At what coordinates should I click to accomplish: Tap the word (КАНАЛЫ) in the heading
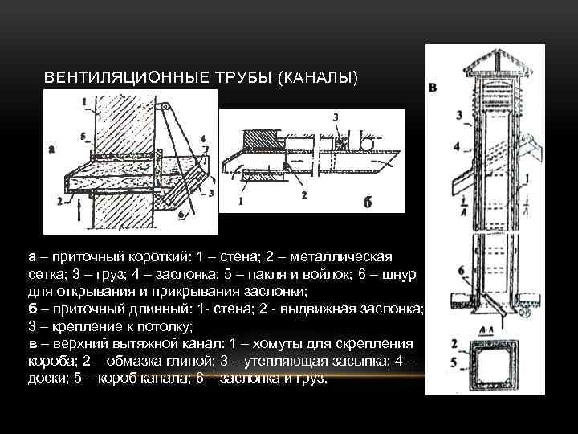point(316,78)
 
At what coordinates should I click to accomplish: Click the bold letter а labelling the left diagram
point(52,149)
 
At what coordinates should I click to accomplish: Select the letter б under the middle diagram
point(367,201)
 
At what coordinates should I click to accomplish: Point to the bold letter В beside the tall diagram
point(434,86)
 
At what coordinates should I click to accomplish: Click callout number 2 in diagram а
point(59,203)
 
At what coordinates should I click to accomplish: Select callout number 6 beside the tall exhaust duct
point(461,270)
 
